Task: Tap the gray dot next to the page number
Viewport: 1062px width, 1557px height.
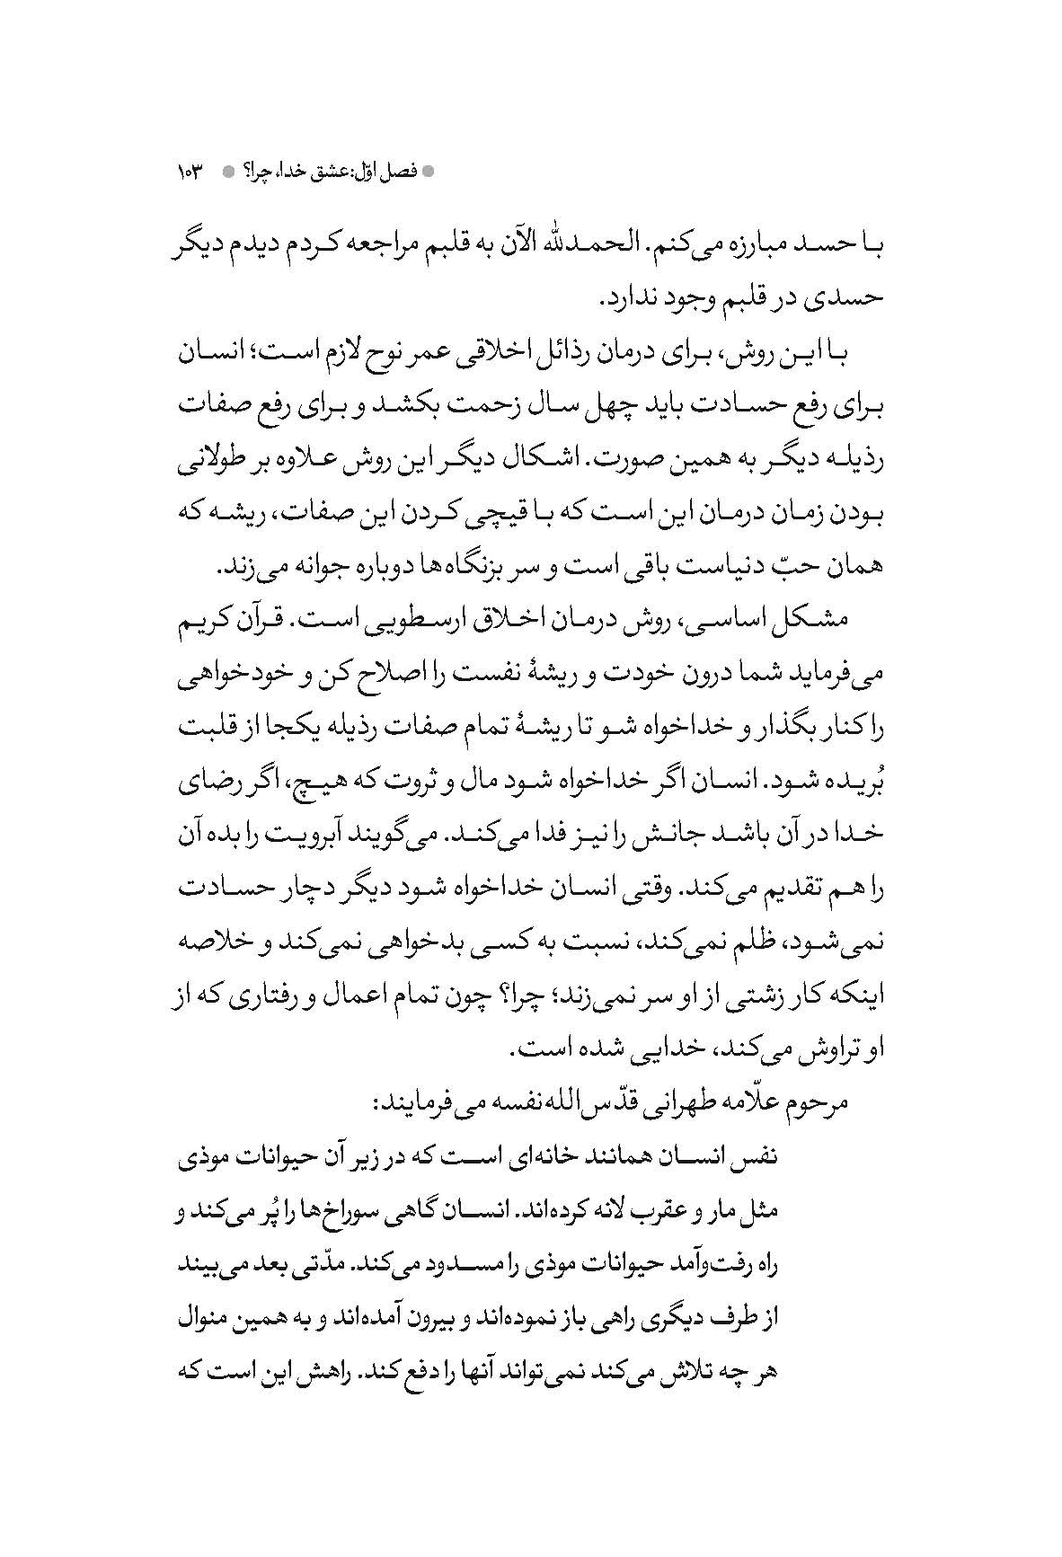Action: pyautogui.click(x=227, y=170)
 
